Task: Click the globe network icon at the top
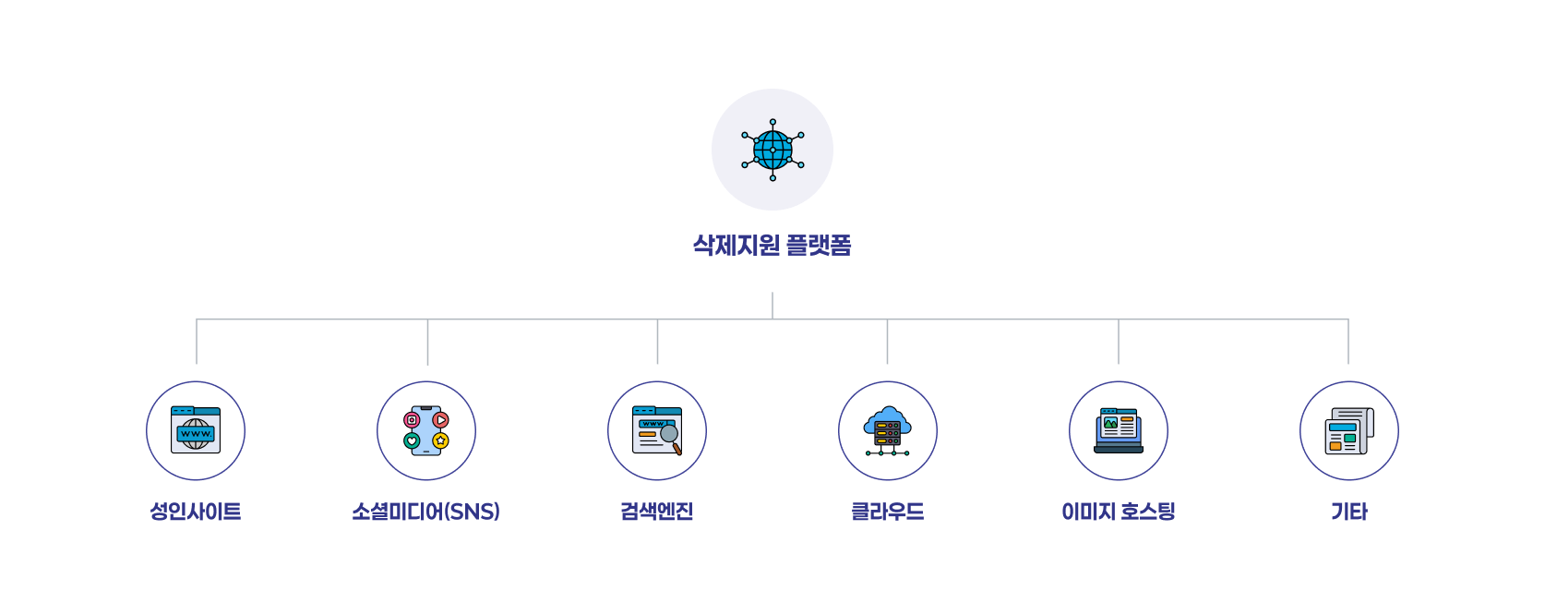[772, 150]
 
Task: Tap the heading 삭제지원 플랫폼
[772, 245]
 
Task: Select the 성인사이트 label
[195, 512]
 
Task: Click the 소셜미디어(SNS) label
[426, 512]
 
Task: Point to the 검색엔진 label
[656, 512]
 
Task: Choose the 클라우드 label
[888, 512]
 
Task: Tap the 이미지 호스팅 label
[1118, 512]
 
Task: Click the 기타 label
[1349, 512]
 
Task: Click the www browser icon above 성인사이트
[196, 429]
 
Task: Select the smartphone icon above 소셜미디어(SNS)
[426, 430]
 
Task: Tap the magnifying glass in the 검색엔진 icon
[670, 438]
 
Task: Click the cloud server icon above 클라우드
[888, 430]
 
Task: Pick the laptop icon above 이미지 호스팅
[1118, 430]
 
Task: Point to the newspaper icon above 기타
[1349, 430]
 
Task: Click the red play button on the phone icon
[441, 419]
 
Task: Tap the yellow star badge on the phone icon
[441, 440]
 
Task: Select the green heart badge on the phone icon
[412, 440]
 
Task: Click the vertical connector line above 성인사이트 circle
[197, 341]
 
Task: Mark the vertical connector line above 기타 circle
[1348, 341]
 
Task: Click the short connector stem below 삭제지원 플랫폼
[772, 305]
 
